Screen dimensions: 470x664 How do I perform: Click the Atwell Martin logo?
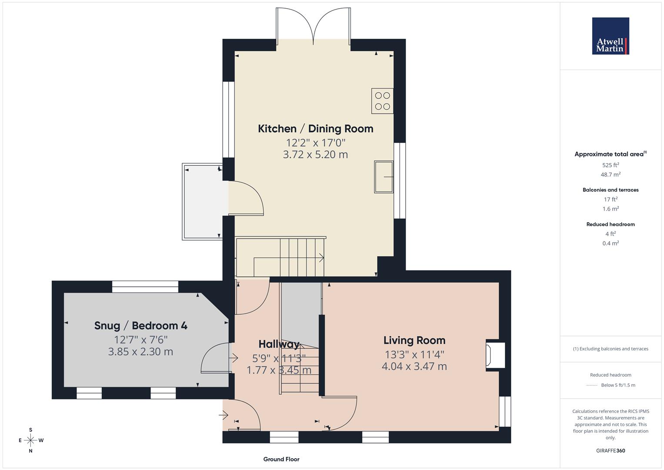click(x=611, y=36)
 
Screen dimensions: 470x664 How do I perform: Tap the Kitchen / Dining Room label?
click(x=315, y=128)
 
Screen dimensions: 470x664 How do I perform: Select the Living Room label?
click(x=414, y=340)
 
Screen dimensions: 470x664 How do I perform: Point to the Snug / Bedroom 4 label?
click(x=140, y=326)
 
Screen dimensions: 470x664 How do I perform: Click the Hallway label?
click(x=279, y=344)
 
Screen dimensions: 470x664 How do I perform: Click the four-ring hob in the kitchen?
click(x=382, y=101)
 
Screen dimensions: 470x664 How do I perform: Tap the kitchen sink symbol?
click(x=383, y=177)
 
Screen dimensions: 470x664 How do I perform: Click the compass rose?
click(x=30, y=440)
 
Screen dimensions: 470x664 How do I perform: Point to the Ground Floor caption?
click(x=281, y=459)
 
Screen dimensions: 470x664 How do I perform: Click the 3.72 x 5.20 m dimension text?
click(x=315, y=154)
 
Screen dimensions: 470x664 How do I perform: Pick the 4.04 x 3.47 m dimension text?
click(x=414, y=366)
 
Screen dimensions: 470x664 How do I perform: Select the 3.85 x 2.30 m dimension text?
click(x=140, y=352)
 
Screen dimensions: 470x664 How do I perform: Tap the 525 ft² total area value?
click(x=611, y=165)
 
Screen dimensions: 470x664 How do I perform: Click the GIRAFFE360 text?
click(x=611, y=450)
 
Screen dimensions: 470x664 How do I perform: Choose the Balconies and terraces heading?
click(x=611, y=190)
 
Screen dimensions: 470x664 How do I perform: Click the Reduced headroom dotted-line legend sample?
click(x=592, y=385)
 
